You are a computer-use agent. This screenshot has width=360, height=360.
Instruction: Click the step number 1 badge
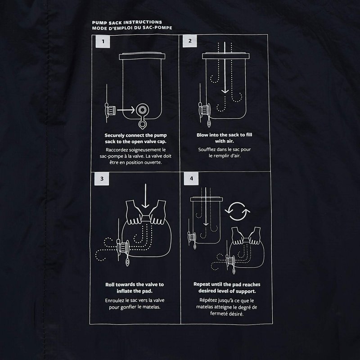point(103,41)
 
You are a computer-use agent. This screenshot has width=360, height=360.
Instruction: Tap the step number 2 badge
point(189,41)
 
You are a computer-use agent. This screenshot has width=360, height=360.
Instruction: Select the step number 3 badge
point(102,179)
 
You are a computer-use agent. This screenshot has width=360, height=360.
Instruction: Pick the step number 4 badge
point(191,178)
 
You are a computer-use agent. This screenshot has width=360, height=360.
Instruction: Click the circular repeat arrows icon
point(238,211)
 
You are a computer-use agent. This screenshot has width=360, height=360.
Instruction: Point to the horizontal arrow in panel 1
point(126,110)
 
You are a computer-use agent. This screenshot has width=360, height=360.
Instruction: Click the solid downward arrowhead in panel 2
point(225,90)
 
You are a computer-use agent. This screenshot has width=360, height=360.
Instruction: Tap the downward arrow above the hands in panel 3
point(145,196)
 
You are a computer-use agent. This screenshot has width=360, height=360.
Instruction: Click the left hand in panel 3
point(134,212)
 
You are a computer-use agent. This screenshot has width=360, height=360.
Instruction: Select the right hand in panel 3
point(157,212)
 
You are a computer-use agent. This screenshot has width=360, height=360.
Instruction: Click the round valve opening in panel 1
point(142,110)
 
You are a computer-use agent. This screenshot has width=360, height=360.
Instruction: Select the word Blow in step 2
point(202,135)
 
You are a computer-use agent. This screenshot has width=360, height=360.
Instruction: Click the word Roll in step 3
point(110,285)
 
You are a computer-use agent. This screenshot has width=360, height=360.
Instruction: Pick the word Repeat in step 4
point(202,285)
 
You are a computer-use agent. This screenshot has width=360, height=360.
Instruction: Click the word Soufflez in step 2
point(207,149)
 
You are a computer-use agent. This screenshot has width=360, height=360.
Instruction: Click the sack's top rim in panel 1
point(142,56)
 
